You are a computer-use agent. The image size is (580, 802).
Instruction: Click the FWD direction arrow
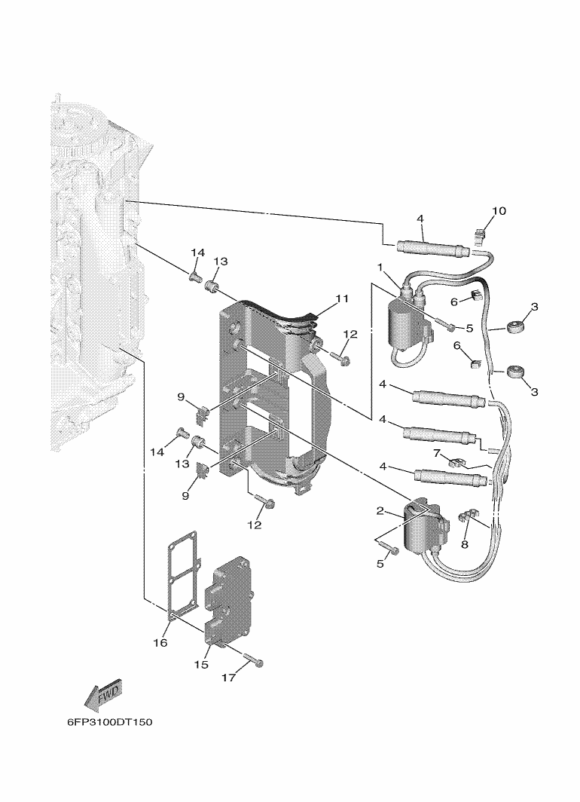click(104, 694)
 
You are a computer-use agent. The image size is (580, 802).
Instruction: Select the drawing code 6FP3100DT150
click(109, 722)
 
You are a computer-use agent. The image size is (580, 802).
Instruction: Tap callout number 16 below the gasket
click(160, 643)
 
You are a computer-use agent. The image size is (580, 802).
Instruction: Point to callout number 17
click(228, 678)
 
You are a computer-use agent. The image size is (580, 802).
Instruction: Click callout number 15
click(201, 664)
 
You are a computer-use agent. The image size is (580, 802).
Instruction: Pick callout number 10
click(500, 210)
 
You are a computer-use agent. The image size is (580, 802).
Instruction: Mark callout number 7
click(435, 452)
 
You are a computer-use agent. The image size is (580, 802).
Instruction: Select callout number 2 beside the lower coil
click(381, 511)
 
